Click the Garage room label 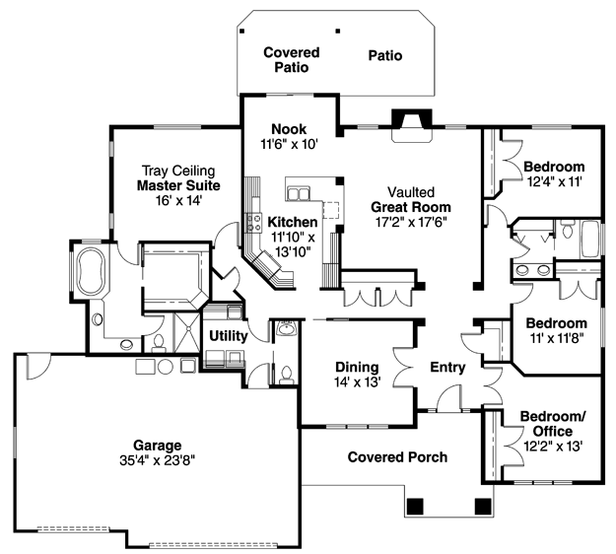point(157,446)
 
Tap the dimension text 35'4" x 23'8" point(157,460)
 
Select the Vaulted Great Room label point(411,199)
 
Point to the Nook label point(289,129)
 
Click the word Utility point(229,336)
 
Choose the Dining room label point(357,367)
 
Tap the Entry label point(447,367)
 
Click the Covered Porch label point(397,457)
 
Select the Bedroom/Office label point(553,424)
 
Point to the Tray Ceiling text point(178,171)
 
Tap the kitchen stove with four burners point(253,223)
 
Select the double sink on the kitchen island point(299,194)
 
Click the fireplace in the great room point(412,125)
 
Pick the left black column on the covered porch point(415,507)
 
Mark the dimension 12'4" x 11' point(554,181)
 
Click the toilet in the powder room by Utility point(286,375)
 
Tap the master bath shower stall point(187,333)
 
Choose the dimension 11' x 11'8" point(557,338)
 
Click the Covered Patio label point(292,60)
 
